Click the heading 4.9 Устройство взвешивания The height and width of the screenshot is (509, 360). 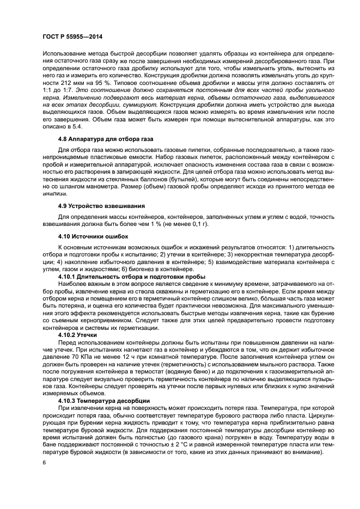94,206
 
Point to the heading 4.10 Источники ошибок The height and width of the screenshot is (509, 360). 85,236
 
